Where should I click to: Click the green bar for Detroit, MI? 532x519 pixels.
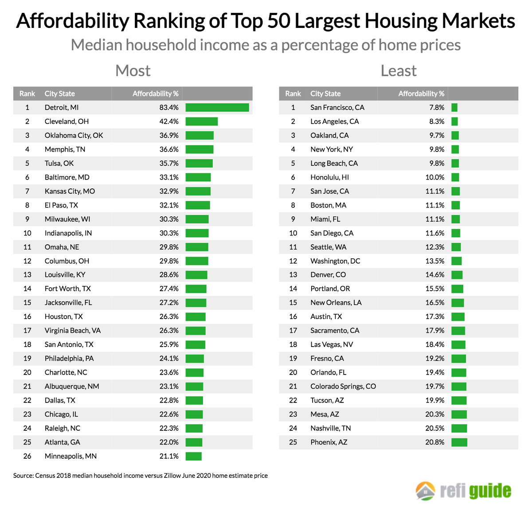click(217, 107)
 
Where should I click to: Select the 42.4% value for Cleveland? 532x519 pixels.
click(169, 121)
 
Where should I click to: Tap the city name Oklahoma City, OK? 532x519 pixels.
click(74, 135)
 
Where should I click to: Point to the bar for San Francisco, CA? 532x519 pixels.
click(454, 107)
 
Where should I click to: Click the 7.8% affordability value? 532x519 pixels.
click(437, 107)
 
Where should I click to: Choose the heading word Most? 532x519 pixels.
click(133, 71)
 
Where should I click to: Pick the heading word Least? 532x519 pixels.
click(399, 71)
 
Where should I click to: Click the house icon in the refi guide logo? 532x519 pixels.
click(426, 491)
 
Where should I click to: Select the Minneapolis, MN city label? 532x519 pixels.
click(70, 456)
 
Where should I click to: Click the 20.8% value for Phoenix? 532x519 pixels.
click(435, 442)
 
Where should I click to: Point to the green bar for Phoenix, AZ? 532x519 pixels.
click(459, 442)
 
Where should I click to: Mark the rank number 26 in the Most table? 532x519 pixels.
click(27, 456)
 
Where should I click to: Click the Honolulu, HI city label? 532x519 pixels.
click(329, 177)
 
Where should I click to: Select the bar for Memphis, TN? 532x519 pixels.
click(199, 149)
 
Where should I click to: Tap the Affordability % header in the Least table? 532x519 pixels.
click(421, 94)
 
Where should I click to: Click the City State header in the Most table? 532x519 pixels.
click(59, 94)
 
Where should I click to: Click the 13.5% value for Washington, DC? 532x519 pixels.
click(435, 261)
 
